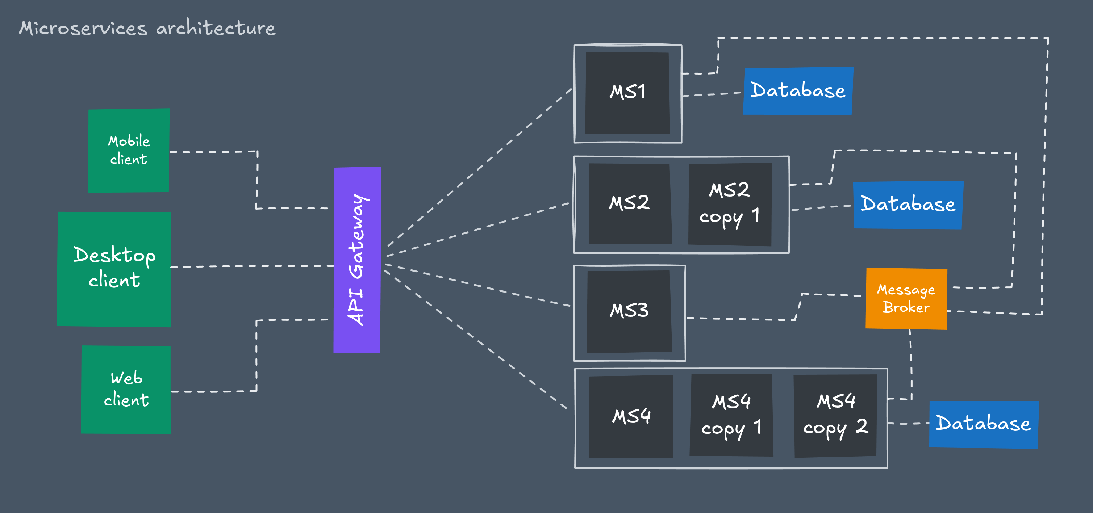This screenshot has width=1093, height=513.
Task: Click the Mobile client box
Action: [x=129, y=151]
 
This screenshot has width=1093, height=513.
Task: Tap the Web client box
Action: [x=126, y=389]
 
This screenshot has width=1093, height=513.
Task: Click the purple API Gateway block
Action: [x=357, y=260]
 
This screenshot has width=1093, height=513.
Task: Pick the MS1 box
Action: [x=627, y=93]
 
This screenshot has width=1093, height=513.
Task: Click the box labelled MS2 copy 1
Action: [x=729, y=204]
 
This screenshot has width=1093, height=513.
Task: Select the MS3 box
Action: [x=629, y=311]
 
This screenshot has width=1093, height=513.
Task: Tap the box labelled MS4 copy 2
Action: [x=835, y=416]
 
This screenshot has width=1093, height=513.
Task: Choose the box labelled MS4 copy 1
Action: [x=731, y=415]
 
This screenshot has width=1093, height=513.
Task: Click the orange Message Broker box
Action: [x=906, y=298]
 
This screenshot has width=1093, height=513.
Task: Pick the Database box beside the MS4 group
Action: [x=983, y=424]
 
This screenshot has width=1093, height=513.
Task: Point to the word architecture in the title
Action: [x=216, y=28]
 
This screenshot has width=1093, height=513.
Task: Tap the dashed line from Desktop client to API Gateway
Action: [x=253, y=266]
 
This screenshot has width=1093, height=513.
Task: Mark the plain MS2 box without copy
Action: [x=630, y=203]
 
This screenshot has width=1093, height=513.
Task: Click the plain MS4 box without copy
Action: [x=631, y=416]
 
